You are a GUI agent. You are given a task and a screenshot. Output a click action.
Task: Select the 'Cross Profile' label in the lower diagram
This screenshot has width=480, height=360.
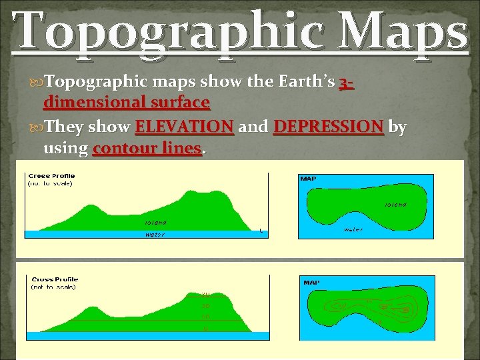pos(55,279)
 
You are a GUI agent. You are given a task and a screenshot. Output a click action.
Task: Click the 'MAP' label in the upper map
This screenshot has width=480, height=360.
pos(309,179)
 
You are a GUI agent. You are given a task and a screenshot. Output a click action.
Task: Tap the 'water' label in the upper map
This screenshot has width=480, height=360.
pos(353,230)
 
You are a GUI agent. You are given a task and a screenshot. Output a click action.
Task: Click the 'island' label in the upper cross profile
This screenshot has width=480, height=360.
pos(155,223)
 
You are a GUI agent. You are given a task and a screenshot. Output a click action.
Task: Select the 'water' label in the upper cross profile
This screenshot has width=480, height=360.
pos(155,234)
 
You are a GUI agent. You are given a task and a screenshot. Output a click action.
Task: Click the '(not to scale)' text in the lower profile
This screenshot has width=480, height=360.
pos(53,287)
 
